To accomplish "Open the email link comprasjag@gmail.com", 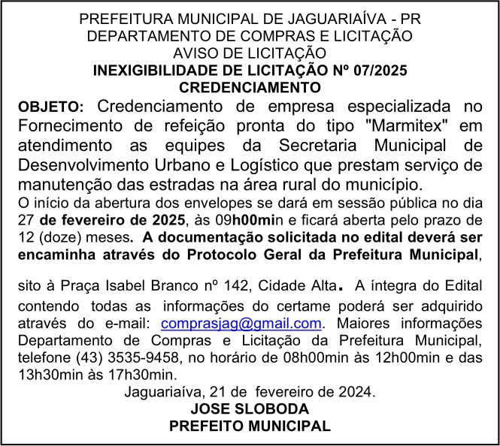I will point(241,323).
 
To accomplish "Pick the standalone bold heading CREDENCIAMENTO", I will point(250,88).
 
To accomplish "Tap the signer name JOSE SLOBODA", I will point(250,408).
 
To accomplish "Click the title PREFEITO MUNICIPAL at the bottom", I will point(250,426).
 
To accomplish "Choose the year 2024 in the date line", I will point(357,391).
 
